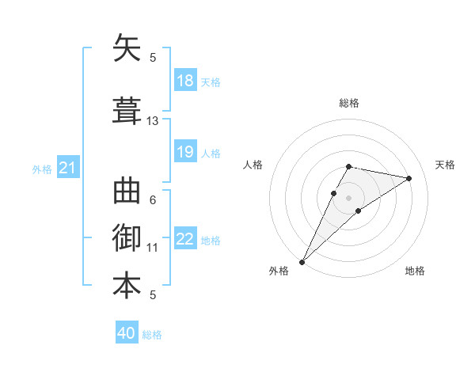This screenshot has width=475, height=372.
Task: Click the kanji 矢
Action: coord(127,50)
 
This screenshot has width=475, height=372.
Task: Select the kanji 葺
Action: coord(127,111)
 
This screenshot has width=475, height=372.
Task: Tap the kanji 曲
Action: coord(127,192)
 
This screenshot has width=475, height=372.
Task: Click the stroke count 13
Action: coord(153,121)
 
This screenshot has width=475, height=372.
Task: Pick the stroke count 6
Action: coord(153,200)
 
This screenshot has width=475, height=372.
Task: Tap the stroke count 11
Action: coord(153,248)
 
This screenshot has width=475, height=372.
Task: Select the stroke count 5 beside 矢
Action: coord(153,58)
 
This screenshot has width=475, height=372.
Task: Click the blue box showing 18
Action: coord(185,81)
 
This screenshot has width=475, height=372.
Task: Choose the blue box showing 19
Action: coord(185,152)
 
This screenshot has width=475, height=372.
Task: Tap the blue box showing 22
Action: coord(185,239)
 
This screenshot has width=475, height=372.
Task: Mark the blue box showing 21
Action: coord(68,168)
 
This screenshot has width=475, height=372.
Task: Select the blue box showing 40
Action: coord(127,333)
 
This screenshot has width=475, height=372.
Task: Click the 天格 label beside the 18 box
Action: coord(211,82)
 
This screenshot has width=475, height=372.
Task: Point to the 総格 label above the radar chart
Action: coord(349,103)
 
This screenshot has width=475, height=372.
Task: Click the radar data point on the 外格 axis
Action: coord(302,261)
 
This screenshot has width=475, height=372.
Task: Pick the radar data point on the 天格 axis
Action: coord(409,178)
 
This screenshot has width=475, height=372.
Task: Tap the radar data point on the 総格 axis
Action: coord(349,166)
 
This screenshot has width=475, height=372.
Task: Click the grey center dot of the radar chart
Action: coord(349,197)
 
